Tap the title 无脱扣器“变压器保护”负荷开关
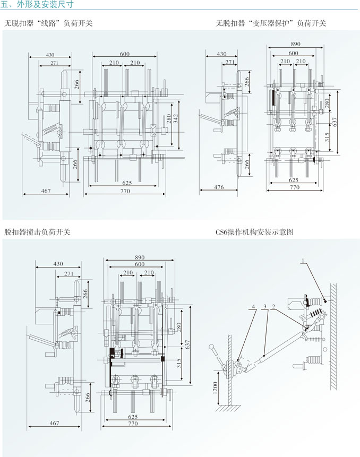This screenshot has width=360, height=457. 271,23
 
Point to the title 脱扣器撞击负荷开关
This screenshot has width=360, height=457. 37,232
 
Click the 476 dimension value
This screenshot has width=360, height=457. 219,187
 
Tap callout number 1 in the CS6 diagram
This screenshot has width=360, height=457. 303,261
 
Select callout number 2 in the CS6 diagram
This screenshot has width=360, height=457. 273,307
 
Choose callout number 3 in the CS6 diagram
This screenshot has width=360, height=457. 264,307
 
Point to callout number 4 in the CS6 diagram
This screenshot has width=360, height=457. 254,307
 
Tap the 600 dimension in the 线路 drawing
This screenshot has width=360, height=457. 125,54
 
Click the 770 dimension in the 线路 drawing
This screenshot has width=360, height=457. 125,190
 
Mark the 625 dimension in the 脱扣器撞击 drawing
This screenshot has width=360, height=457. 133,417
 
